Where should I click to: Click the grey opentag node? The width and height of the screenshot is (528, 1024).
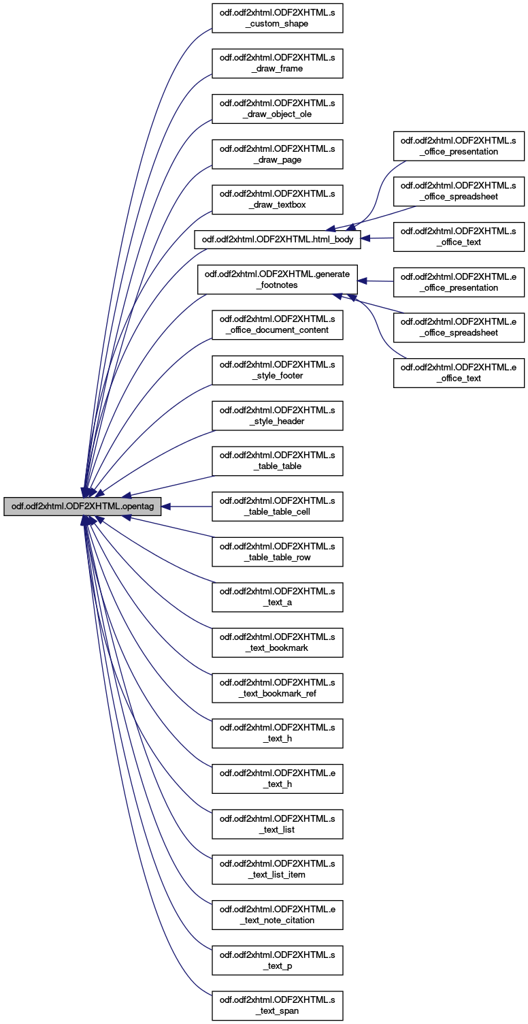[x=82, y=507]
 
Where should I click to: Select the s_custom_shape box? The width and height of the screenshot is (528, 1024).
[x=277, y=18]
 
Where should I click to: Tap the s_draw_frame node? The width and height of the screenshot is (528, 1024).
[x=277, y=63]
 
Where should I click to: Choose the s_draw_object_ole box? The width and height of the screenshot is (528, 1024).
[x=277, y=109]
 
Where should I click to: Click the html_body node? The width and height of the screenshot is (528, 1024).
[x=277, y=240]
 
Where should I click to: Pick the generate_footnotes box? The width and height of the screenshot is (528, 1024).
[x=277, y=279]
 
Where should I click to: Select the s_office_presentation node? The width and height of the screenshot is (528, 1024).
[x=459, y=146]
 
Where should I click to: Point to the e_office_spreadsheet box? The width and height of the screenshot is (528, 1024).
[x=459, y=327]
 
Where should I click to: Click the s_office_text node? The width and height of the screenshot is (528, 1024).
[x=459, y=237]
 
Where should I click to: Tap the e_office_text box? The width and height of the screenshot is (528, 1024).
[x=459, y=373]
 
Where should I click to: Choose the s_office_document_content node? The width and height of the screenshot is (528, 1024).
[x=277, y=325]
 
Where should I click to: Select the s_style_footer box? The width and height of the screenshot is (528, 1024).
[x=277, y=370]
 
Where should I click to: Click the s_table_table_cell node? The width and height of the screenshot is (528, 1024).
[x=277, y=507]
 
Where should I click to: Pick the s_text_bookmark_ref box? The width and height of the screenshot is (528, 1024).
[x=277, y=688]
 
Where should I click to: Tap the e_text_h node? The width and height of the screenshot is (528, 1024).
[x=277, y=778]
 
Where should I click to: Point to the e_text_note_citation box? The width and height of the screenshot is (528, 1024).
[x=277, y=915]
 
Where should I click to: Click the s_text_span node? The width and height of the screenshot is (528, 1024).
[x=277, y=1006]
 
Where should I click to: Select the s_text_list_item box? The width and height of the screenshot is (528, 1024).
[x=277, y=869]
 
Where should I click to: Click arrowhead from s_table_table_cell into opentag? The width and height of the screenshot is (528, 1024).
[x=166, y=507]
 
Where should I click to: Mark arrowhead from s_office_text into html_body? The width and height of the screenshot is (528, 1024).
[x=365, y=238]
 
